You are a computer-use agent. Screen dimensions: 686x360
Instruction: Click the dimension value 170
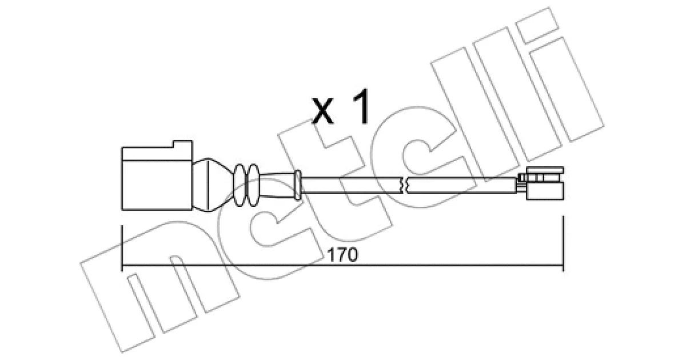[342, 255]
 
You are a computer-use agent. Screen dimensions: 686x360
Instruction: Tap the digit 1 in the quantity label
[362, 107]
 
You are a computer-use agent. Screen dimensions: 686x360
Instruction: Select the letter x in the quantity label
[322, 111]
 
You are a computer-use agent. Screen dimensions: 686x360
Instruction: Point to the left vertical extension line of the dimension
[122, 248]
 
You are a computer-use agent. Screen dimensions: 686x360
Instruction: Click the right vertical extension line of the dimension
[563, 243]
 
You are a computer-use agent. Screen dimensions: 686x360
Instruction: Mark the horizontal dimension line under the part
[342, 265]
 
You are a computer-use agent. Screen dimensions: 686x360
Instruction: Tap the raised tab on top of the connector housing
[182, 144]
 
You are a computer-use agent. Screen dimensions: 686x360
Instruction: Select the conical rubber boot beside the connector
[213, 185]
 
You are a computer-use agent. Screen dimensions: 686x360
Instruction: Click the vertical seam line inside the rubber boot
[208, 185]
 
